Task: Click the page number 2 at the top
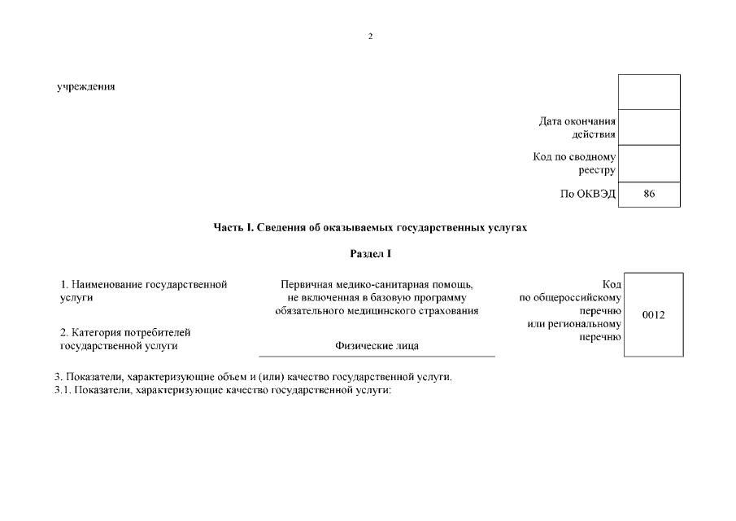(370, 37)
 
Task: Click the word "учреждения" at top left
(85, 87)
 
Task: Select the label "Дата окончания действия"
(577, 128)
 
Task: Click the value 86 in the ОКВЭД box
(648, 194)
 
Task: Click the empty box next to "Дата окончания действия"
(648, 127)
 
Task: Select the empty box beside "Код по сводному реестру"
(648, 163)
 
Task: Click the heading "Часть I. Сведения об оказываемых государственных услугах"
(370, 228)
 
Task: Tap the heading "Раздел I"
(370, 254)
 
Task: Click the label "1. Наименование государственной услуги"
(144, 291)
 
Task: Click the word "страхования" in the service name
(451, 310)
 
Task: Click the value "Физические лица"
(377, 346)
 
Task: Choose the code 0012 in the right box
(653, 315)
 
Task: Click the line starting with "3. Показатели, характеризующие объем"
(253, 377)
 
